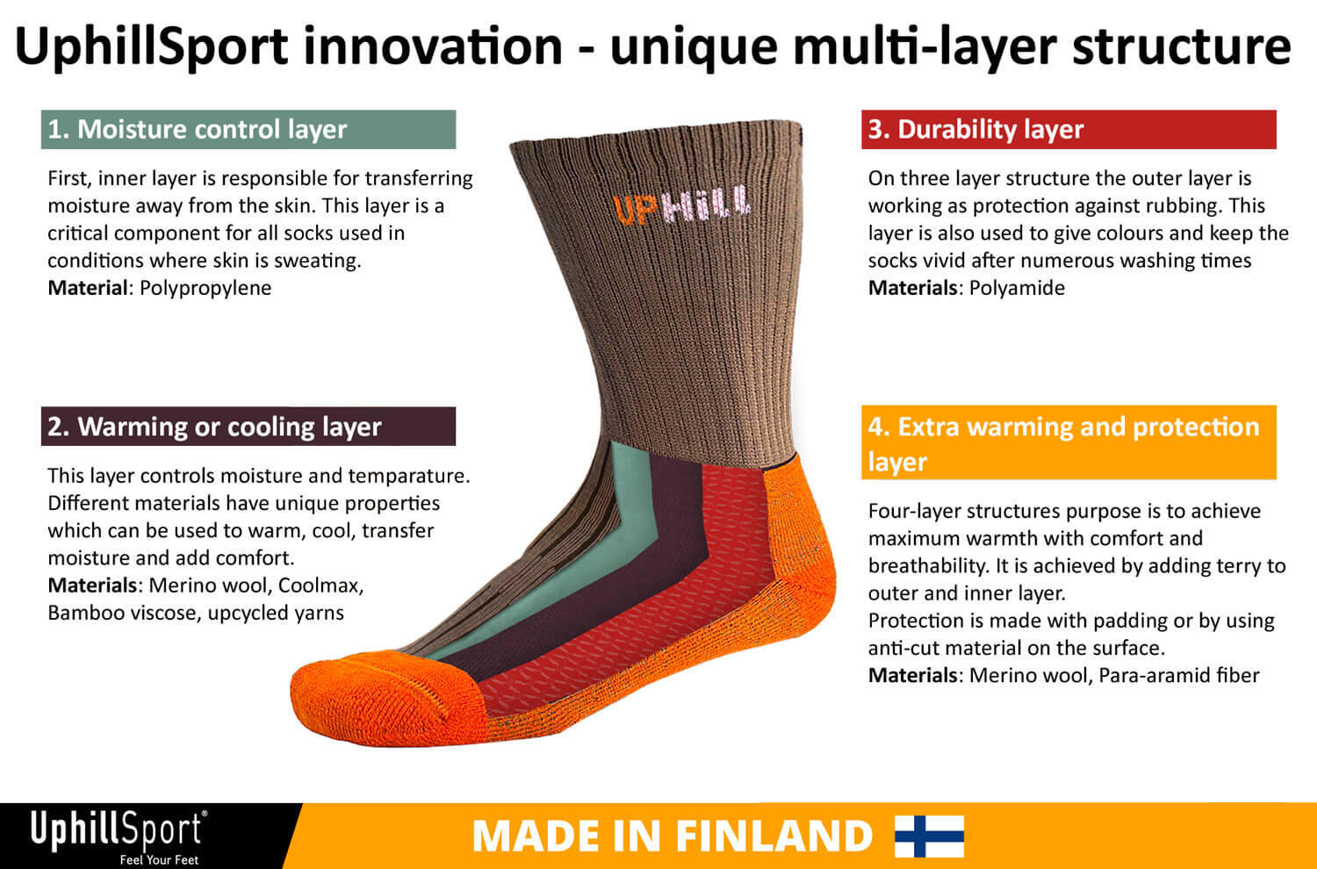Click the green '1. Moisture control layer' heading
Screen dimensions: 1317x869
(x=248, y=129)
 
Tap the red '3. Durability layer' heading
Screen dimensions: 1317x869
(x=1069, y=129)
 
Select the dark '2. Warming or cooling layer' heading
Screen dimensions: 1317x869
(x=248, y=427)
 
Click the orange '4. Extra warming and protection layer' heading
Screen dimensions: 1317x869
(x=1069, y=442)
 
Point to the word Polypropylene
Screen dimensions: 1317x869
(x=205, y=289)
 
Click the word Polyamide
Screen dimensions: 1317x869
(x=1017, y=288)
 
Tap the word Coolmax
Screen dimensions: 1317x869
(x=320, y=585)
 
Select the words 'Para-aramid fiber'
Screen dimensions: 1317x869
(x=1179, y=676)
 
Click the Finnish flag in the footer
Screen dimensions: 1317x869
(x=930, y=836)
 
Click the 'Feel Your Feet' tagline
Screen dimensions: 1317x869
(x=159, y=860)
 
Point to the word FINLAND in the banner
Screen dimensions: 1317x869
(x=774, y=836)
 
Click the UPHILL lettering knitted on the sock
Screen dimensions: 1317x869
(x=682, y=205)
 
